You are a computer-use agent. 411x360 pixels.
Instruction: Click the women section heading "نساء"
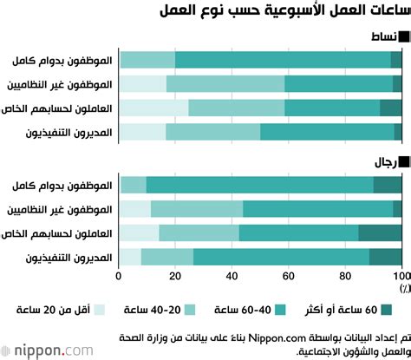coord(386,36)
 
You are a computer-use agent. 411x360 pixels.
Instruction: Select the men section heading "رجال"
coord(386,161)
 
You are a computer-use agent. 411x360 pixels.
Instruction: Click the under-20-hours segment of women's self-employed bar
coord(153,108)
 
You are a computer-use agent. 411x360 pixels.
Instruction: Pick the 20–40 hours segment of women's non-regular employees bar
coord(225,84)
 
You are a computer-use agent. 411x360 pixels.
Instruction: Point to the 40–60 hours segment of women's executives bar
coord(327,132)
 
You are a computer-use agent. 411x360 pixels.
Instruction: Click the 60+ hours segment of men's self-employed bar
coord(380,232)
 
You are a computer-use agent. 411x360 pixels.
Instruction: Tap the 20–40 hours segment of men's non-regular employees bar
coord(197,209)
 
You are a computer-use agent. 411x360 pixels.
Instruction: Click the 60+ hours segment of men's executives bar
coord(386,257)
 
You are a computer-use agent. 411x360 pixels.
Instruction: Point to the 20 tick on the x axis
coord(175,275)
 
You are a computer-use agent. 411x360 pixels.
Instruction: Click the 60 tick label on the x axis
coord(288,275)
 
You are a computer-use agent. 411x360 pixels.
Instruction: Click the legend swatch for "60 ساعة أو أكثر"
coord(387,309)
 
